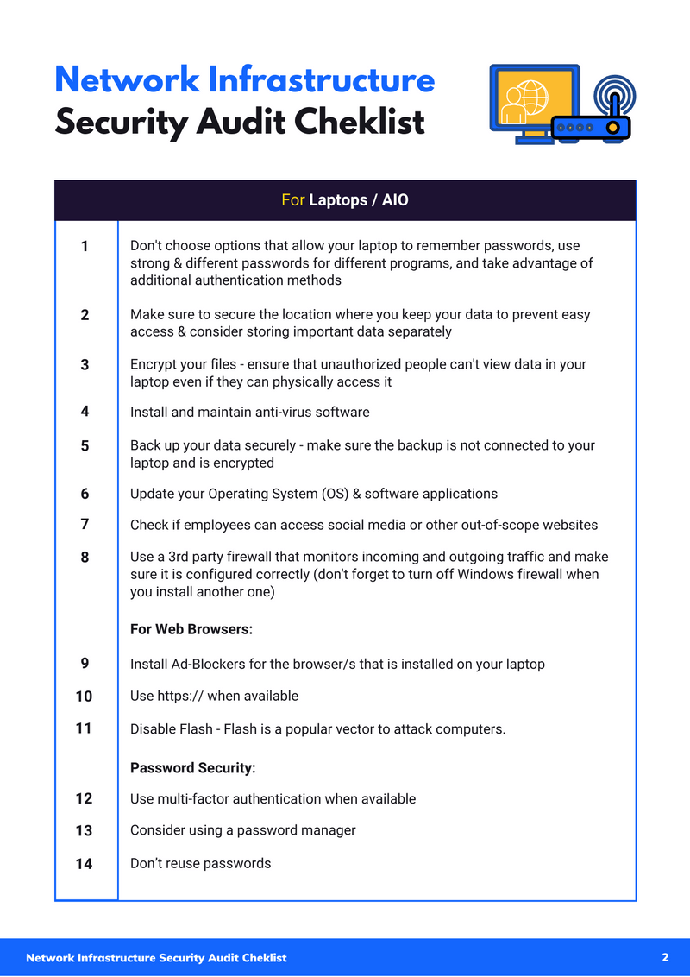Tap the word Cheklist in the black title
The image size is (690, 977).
click(x=360, y=123)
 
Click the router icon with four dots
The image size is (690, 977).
click(x=590, y=127)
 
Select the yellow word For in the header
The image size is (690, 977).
click(x=292, y=200)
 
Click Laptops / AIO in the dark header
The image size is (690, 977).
click(x=359, y=200)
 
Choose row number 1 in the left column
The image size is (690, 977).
click(x=85, y=247)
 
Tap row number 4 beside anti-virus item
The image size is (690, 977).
click(x=85, y=412)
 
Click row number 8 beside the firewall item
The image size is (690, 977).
click(x=85, y=558)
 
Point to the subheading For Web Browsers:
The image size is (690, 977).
click(x=191, y=629)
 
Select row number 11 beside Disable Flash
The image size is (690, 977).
click(x=84, y=728)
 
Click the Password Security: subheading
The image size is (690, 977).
click(x=193, y=767)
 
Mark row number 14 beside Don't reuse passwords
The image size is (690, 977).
click(x=84, y=863)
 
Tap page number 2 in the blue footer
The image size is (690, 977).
click(x=665, y=957)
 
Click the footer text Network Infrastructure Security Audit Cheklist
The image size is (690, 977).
click(x=156, y=958)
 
